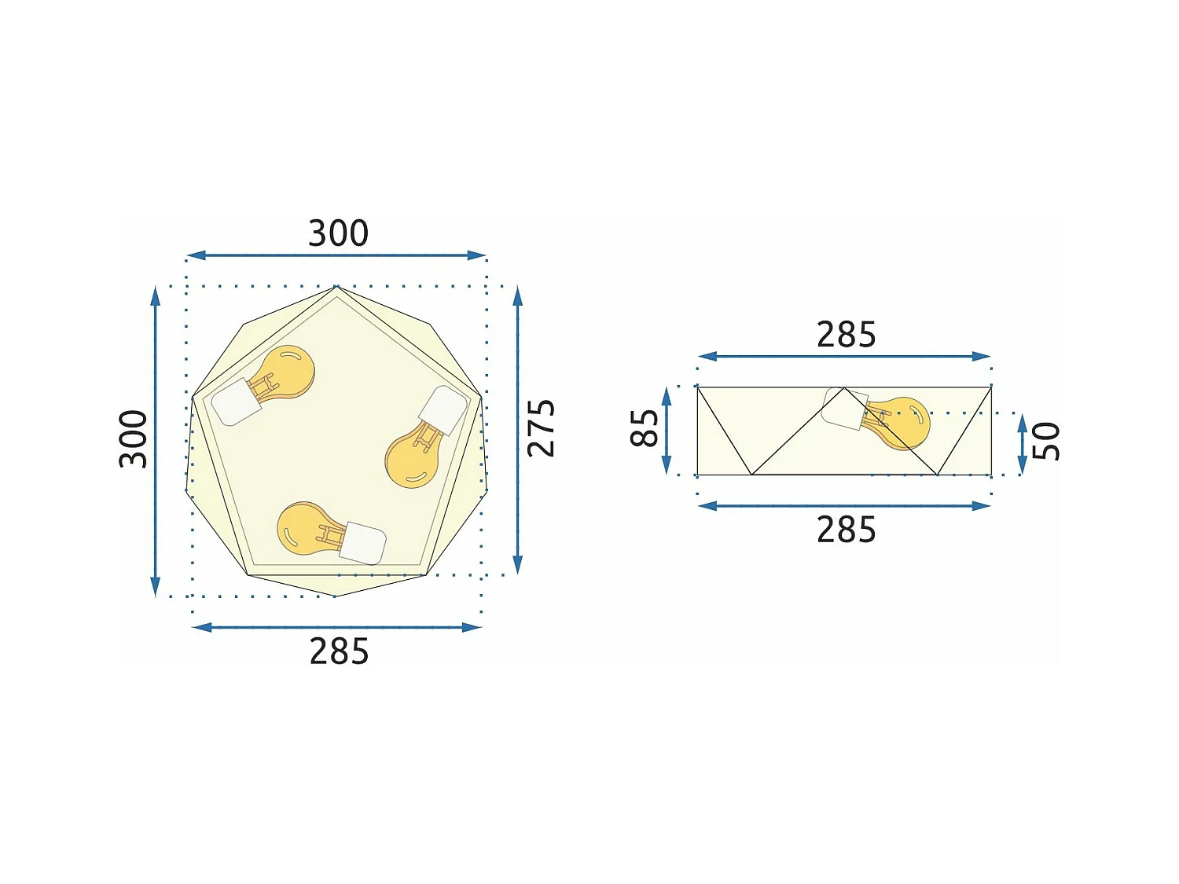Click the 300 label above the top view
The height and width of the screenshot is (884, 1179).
click(338, 233)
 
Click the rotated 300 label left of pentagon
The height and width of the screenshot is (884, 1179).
click(133, 438)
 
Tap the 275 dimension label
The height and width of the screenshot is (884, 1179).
click(541, 428)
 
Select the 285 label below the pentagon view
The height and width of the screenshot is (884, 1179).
click(339, 651)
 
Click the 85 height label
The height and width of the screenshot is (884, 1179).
click(645, 428)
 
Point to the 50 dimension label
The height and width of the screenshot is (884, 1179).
click(1045, 441)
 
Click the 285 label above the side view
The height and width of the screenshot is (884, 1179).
click(846, 335)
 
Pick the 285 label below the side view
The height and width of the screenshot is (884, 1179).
click(846, 530)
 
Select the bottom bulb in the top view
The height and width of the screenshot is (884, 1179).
click(307, 526)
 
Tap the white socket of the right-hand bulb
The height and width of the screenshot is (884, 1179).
click(443, 410)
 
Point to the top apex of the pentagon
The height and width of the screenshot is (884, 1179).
click(336, 287)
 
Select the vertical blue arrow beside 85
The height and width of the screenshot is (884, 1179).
click(667, 431)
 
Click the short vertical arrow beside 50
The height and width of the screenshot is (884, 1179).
click(1022, 445)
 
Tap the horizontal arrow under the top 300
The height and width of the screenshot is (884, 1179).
click(336, 255)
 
